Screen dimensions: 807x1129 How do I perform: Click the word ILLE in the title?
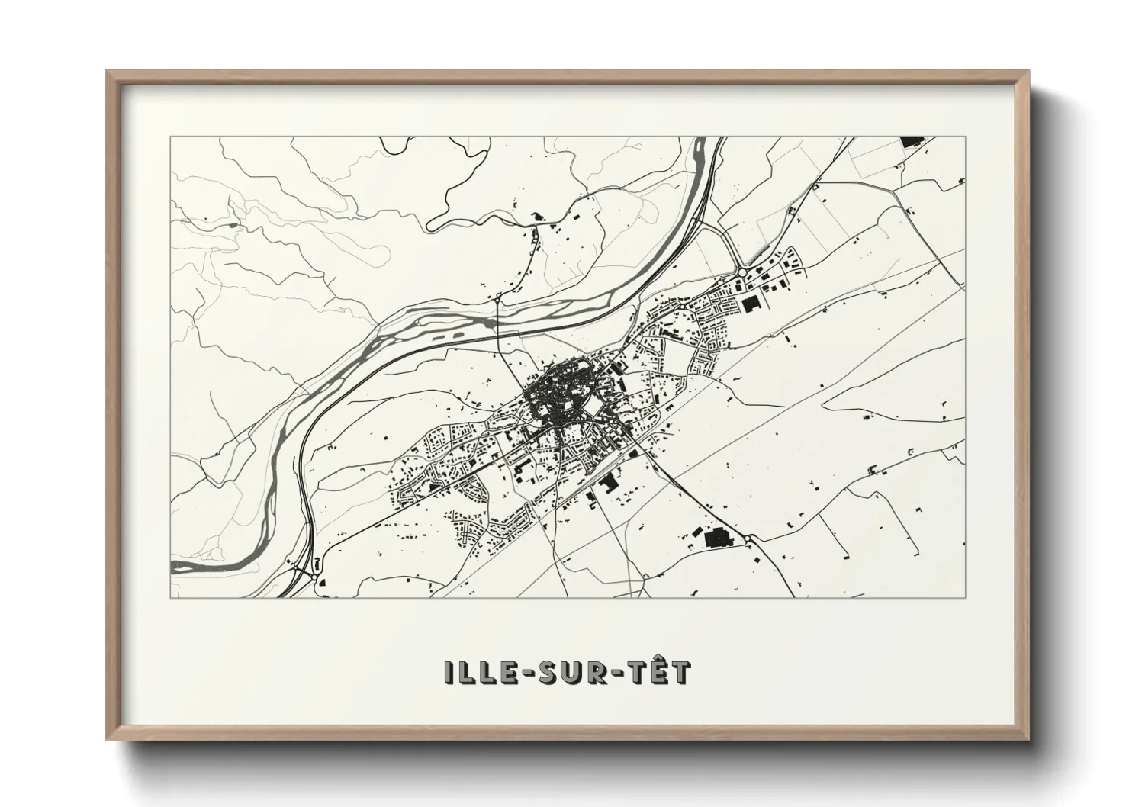pyautogui.click(x=477, y=672)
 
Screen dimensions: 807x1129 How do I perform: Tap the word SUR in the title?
pyautogui.click(x=567, y=672)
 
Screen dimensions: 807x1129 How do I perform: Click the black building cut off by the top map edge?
pyautogui.click(x=910, y=142)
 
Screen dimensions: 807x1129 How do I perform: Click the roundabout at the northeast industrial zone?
pyautogui.click(x=741, y=272)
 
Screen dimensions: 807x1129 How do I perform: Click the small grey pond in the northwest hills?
pyautogui.click(x=231, y=225)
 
